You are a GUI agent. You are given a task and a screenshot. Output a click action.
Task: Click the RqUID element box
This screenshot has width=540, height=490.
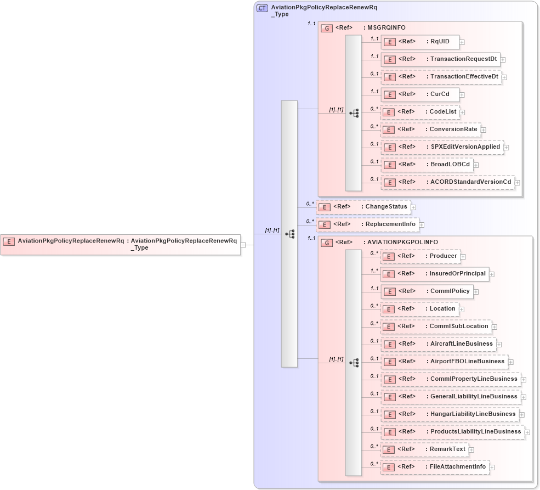click(419, 42)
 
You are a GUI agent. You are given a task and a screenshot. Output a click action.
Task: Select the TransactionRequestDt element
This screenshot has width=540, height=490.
click(440, 59)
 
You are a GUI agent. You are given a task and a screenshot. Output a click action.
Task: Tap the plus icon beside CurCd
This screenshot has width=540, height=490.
click(462, 95)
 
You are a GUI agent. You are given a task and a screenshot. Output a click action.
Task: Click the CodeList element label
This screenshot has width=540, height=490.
click(443, 112)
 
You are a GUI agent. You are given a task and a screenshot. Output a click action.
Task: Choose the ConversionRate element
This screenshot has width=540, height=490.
click(430, 129)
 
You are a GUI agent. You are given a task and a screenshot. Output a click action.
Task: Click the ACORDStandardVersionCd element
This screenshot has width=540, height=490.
click(447, 182)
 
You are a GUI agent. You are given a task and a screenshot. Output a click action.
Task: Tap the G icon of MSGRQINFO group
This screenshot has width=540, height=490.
click(327, 28)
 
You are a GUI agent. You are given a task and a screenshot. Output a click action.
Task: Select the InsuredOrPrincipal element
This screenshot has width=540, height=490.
click(434, 274)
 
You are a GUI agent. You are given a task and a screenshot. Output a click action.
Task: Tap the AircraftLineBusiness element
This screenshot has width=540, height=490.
click(438, 344)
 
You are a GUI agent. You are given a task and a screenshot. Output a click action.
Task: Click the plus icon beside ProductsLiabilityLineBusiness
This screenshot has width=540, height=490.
click(527, 432)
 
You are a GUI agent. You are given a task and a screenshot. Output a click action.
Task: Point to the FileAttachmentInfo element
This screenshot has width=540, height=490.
click(434, 467)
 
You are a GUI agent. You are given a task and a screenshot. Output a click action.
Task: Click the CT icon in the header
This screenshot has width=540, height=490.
click(262, 8)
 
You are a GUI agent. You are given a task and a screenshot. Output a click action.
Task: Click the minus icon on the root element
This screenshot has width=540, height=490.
click(243, 245)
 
